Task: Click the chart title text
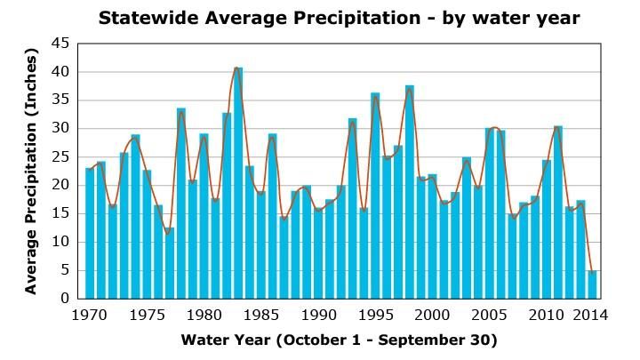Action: [338, 17]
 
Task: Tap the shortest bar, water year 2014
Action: [591, 284]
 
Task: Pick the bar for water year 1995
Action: [375, 196]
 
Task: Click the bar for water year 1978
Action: [181, 204]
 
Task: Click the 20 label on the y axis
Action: [60, 186]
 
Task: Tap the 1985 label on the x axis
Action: [260, 315]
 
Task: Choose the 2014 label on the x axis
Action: [591, 315]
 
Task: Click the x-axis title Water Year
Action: [339, 340]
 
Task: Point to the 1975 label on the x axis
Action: [147, 315]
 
